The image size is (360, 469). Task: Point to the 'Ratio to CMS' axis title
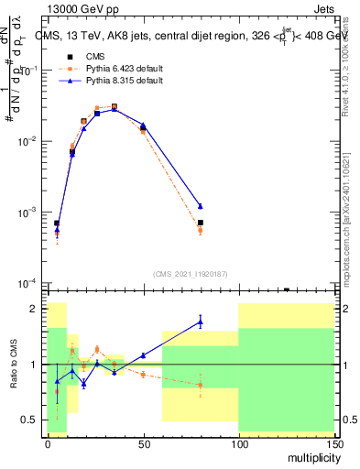pos(14,364)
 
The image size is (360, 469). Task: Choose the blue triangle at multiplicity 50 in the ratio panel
pos(143,355)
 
